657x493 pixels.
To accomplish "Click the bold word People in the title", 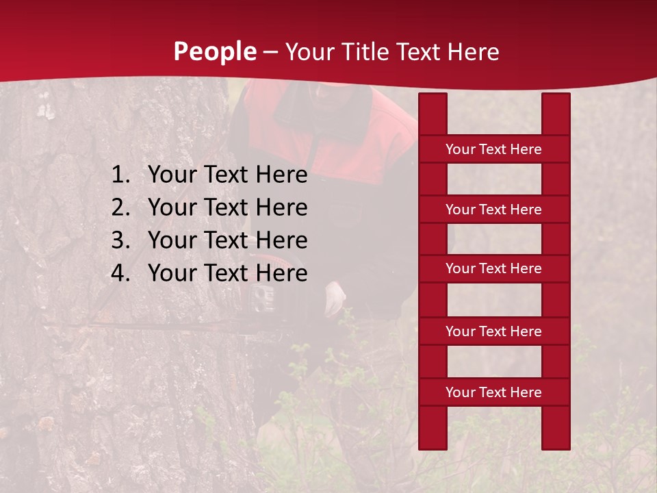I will tap(215, 51).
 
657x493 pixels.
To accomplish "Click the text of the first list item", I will tap(227, 175).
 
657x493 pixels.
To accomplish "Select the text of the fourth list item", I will tap(227, 273).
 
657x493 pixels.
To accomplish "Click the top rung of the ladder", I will tap(493, 149).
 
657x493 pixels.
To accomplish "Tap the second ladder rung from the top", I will tap(493, 210).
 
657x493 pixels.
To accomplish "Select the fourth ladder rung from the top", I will tap(493, 331).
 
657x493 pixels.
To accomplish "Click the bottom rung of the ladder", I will tap(493, 392).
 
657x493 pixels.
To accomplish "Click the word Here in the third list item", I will tap(281, 240).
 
